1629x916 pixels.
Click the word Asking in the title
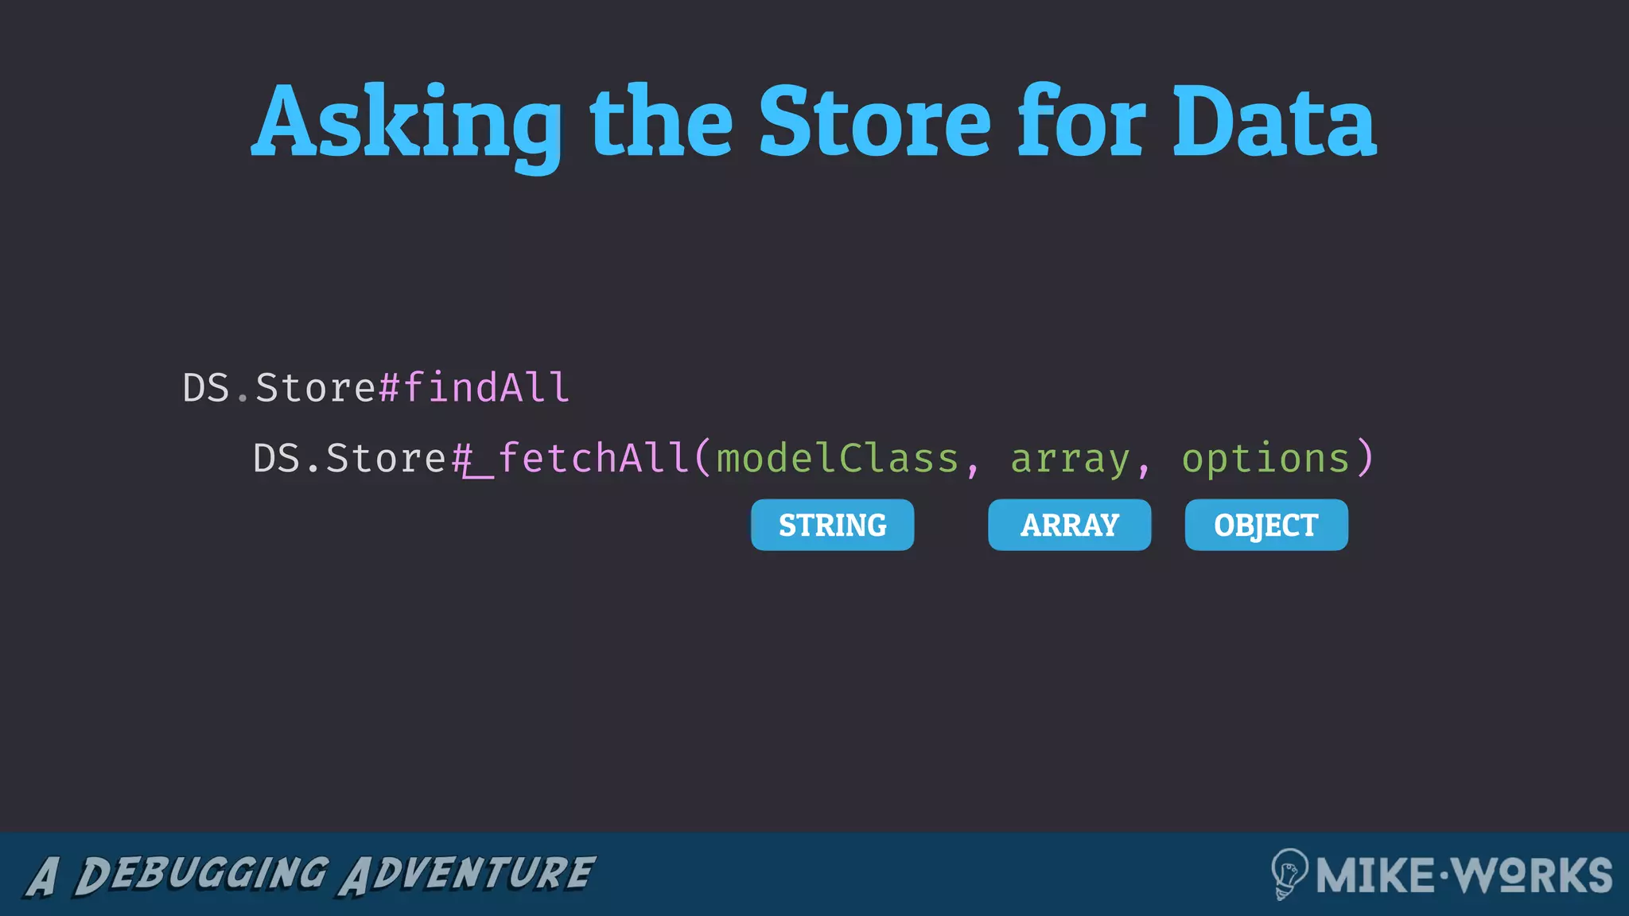tap(407, 123)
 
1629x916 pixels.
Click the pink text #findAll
tap(474, 388)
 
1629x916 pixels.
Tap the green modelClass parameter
tap(838, 459)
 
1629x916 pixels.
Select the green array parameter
tap(1070, 459)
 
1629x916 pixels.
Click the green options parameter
tap(1265, 459)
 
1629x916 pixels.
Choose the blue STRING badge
tap(832, 525)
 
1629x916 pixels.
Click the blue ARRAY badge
tap(1069, 525)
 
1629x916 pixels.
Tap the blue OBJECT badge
tap(1266, 525)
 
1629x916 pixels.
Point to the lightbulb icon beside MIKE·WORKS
tap(1289, 873)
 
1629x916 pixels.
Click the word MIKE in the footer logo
tap(1374, 875)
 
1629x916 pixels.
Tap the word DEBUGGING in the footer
tap(200, 874)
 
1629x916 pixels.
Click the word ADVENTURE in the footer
tap(467, 874)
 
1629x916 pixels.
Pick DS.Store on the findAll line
tap(278, 388)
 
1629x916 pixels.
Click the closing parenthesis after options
tap(1365, 459)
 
